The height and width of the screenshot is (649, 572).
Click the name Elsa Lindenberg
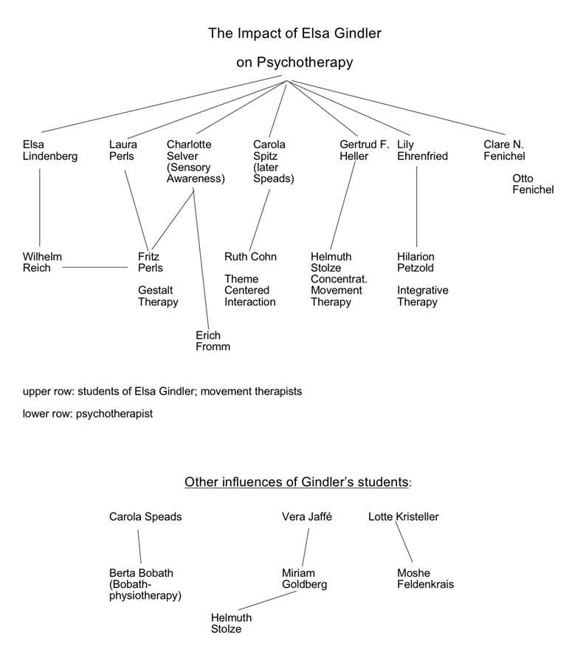[x=50, y=150]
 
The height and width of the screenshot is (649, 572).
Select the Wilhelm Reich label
[x=42, y=262]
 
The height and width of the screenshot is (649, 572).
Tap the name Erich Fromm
[x=213, y=341]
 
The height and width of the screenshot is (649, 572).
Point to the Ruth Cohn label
[x=251, y=257]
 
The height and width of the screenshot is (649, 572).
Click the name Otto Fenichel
[x=533, y=184]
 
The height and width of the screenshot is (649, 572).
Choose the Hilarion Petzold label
[x=416, y=262]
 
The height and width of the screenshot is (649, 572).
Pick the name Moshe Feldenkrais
[x=425, y=579]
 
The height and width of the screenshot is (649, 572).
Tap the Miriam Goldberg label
[x=304, y=579]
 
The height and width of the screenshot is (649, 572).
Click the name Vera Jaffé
[x=307, y=516]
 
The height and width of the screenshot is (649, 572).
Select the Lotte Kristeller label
[x=404, y=516]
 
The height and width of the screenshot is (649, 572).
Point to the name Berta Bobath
[x=141, y=573]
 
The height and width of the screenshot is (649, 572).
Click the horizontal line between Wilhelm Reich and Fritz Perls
[x=95, y=268]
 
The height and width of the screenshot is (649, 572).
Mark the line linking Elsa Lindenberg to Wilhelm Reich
[x=40, y=207]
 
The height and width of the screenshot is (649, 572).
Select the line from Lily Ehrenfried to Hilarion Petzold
[x=417, y=206]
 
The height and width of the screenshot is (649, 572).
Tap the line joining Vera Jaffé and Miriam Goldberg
[x=306, y=547]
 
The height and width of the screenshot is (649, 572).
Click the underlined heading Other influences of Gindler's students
[x=297, y=482]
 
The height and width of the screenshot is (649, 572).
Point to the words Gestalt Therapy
[x=158, y=296]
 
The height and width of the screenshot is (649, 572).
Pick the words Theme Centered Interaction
[x=250, y=290]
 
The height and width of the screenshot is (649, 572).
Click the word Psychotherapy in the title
[x=305, y=63]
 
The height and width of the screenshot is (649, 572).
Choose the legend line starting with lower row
[x=88, y=414]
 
